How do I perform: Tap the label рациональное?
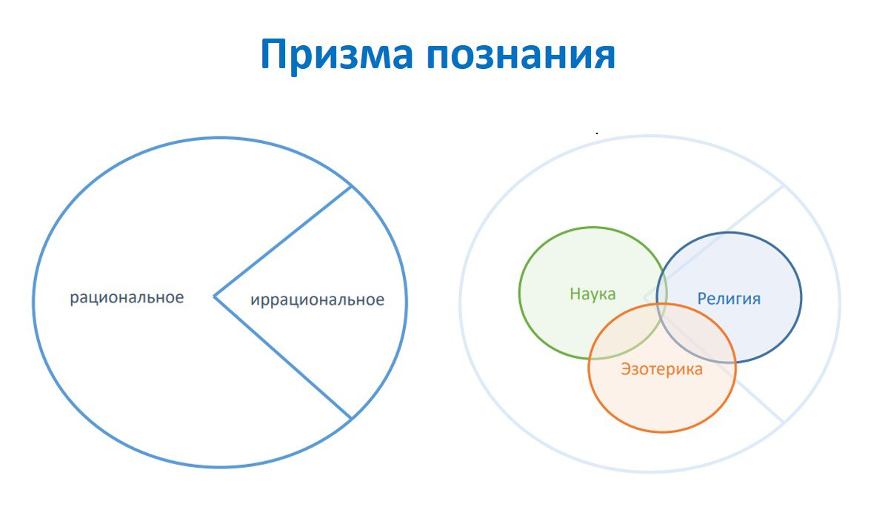[x=127, y=298]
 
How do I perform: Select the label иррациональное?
[x=317, y=299]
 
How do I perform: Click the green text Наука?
[x=592, y=294]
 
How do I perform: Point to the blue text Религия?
[x=729, y=298]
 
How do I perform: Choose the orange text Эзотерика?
[x=661, y=369]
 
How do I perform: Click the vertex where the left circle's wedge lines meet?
[x=214, y=296]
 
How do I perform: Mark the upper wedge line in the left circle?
[x=283, y=241]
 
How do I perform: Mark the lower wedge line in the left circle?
[x=283, y=357]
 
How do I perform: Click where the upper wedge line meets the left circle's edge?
[x=352, y=186]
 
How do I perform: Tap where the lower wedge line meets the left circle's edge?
[x=352, y=419]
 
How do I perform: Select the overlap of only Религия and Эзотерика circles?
[x=702, y=340]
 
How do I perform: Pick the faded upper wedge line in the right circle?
[x=713, y=241]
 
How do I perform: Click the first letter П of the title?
[x=276, y=54]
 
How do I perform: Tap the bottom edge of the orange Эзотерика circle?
[x=662, y=431]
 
